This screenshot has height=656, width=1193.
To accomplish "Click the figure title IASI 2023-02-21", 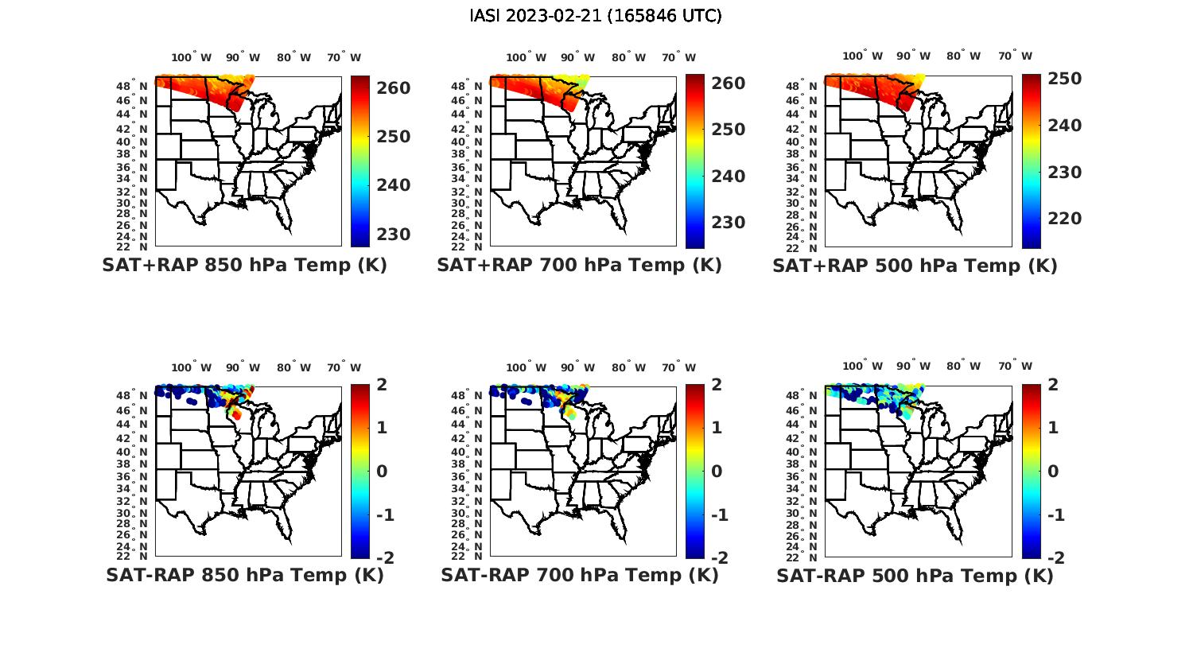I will tap(596, 16).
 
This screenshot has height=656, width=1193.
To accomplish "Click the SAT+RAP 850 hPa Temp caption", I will tap(244, 266).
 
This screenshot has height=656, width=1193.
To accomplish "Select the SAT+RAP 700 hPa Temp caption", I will tap(579, 266).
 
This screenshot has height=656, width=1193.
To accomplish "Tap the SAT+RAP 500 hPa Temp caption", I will tap(915, 266).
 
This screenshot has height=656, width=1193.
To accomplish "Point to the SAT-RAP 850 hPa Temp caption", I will tap(244, 575).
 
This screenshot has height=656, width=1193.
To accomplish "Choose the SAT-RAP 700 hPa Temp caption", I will tap(579, 575).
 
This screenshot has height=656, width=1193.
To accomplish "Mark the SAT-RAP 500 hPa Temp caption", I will tap(915, 575).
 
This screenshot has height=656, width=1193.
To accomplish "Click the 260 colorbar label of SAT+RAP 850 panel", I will tap(393, 88).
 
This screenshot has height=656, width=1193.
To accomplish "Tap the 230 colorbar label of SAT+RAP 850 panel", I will tap(393, 235).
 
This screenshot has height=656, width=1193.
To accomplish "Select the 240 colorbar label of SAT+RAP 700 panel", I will tap(728, 177).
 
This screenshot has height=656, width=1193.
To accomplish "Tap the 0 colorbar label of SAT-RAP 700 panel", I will tap(717, 472).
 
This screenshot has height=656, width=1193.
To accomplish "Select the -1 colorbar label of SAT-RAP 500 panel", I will tap(1056, 515).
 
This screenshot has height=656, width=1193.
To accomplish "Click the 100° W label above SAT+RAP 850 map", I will tap(192, 57).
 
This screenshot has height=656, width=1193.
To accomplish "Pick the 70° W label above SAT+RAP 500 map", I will tap(1016, 56).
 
